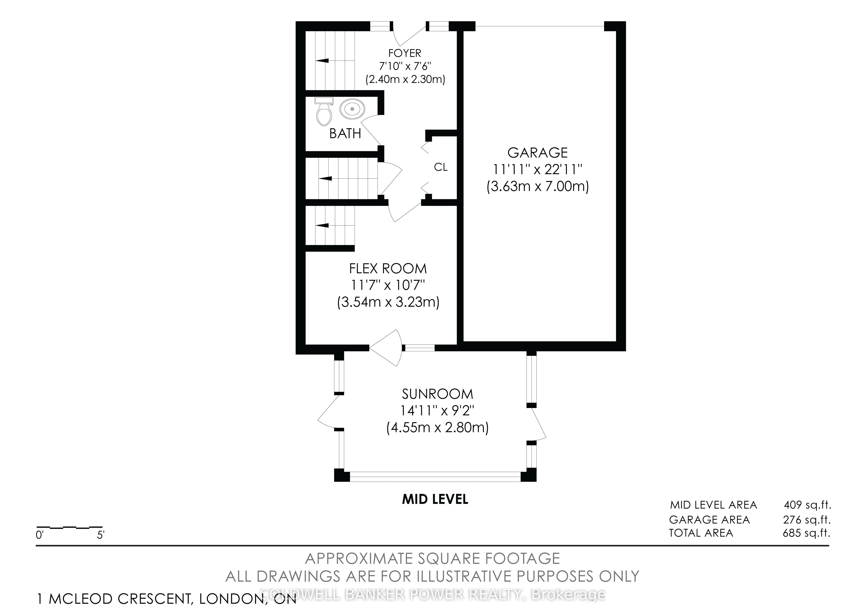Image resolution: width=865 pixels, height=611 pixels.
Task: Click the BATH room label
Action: coord(345,133)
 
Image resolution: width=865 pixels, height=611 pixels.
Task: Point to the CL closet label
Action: coord(441,167)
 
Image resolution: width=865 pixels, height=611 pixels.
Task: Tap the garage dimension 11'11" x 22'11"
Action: coord(538,170)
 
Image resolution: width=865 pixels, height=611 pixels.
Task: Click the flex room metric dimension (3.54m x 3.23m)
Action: coord(388,302)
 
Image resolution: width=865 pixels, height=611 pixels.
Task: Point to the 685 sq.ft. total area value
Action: coord(807,533)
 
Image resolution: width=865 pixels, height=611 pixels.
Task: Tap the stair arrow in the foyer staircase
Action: coord(322,60)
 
